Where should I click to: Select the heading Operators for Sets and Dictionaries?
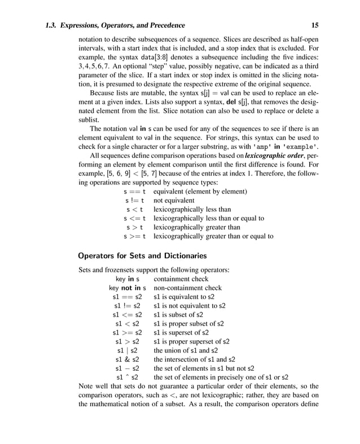point(142,256)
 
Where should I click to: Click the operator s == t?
point(135,191)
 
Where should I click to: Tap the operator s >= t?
point(135,236)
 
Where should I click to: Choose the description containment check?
point(181,279)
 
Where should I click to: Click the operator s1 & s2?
point(128,359)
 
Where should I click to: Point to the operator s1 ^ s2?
point(128,377)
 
